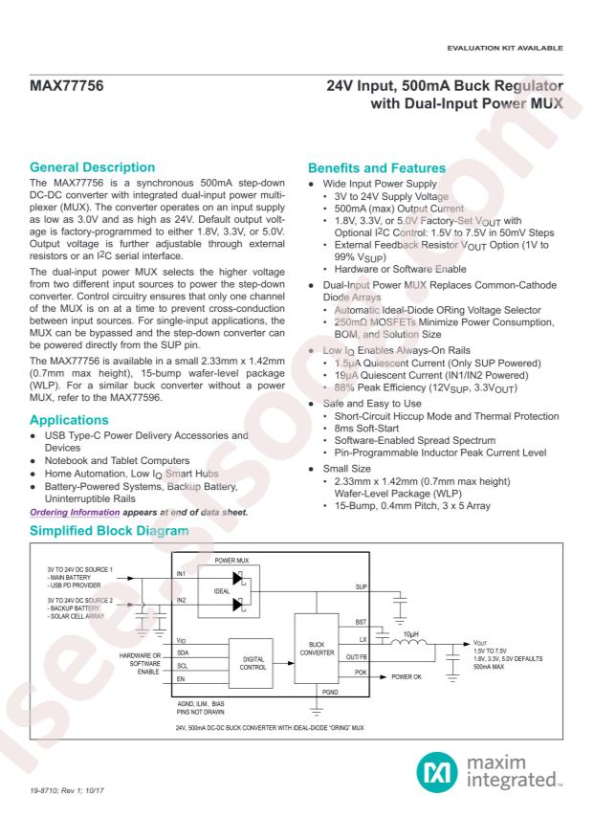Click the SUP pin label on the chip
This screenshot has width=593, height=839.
(360, 586)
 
